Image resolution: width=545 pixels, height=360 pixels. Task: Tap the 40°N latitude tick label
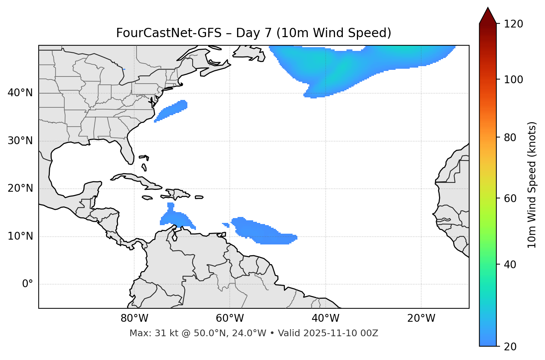tap(20, 93)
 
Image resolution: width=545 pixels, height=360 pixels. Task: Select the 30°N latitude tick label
tap(20, 141)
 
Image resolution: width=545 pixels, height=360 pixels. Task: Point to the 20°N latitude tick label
tap(20, 188)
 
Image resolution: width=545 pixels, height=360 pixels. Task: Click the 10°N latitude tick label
tap(20, 236)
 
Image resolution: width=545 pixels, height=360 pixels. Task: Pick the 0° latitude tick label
tap(28, 284)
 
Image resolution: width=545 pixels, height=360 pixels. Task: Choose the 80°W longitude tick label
tap(134, 318)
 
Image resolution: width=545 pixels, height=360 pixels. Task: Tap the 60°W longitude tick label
tap(230, 318)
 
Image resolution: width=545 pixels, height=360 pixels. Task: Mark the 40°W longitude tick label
tap(325, 318)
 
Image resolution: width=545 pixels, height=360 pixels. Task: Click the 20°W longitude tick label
tap(421, 318)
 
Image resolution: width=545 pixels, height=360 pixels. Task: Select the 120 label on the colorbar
tap(513, 24)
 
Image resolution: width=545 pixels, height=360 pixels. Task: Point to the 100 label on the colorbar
tap(513, 80)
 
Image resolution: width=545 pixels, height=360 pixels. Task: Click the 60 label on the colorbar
tap(511, 198)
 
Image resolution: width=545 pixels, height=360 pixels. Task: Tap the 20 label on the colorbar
tap(511, 346)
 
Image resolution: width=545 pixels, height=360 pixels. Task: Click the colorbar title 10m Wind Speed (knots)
tap(532, 185)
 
